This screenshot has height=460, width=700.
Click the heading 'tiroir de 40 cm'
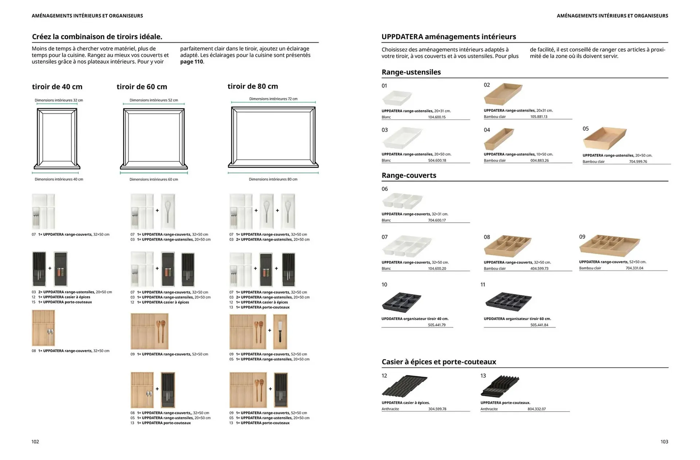(x=57, y=87)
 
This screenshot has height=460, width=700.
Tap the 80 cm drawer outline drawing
(x=273, y=137)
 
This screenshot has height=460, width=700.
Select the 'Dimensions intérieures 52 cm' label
(x=153, y=100)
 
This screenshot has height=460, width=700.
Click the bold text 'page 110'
(x=192, y=62)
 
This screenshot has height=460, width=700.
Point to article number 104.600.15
(x=437, y=117)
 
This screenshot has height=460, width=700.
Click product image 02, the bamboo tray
(x=503, y=94)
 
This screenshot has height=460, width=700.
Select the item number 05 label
(x=586, y=129)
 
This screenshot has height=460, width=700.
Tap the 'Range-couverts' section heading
(x=409, y=175)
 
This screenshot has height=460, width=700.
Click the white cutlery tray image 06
(x=402, y=201)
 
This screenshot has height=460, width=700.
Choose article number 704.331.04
(x=634, y=268)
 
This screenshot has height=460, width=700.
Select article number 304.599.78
(x=437, y=409)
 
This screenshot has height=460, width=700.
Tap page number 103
(x=664, y=442)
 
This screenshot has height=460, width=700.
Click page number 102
(x=35, y=442)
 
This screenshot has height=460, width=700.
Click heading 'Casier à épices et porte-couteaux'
(x=439, y=362)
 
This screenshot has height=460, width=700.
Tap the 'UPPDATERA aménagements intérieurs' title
(x=448, y=37)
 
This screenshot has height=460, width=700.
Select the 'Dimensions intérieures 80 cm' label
(x=273, y=179)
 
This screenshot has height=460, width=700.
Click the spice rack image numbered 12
(x=404, y=386)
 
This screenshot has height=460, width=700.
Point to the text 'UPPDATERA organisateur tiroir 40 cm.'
(x=415, y=319)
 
